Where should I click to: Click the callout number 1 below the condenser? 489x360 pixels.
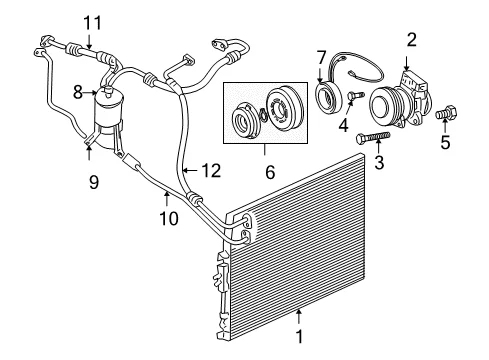point(299,336)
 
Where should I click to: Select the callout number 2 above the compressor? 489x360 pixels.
point(412,40)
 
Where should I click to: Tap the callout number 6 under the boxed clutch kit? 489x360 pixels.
point(270,172)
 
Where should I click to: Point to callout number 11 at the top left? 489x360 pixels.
point(92,23)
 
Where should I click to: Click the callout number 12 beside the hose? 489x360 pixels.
point(211,171)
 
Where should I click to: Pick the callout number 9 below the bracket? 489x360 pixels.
point(94,182)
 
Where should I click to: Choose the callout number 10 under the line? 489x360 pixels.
point(169,219)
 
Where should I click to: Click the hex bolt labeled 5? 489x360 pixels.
point(446,112)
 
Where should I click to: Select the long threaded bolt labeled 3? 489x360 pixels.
point(373,137)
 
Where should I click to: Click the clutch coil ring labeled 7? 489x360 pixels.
point(329,97)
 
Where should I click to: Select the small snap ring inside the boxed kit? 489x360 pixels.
point(263,113)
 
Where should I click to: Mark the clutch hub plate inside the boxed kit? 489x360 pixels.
point(244,120)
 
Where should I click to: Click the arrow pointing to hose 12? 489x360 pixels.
point(191,171)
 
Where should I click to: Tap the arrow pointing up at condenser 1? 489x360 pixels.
point(299,317)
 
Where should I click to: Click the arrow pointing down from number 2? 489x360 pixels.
point(407,63)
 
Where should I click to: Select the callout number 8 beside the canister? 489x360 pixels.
point(78,92)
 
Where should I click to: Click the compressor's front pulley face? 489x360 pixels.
point(381,106)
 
